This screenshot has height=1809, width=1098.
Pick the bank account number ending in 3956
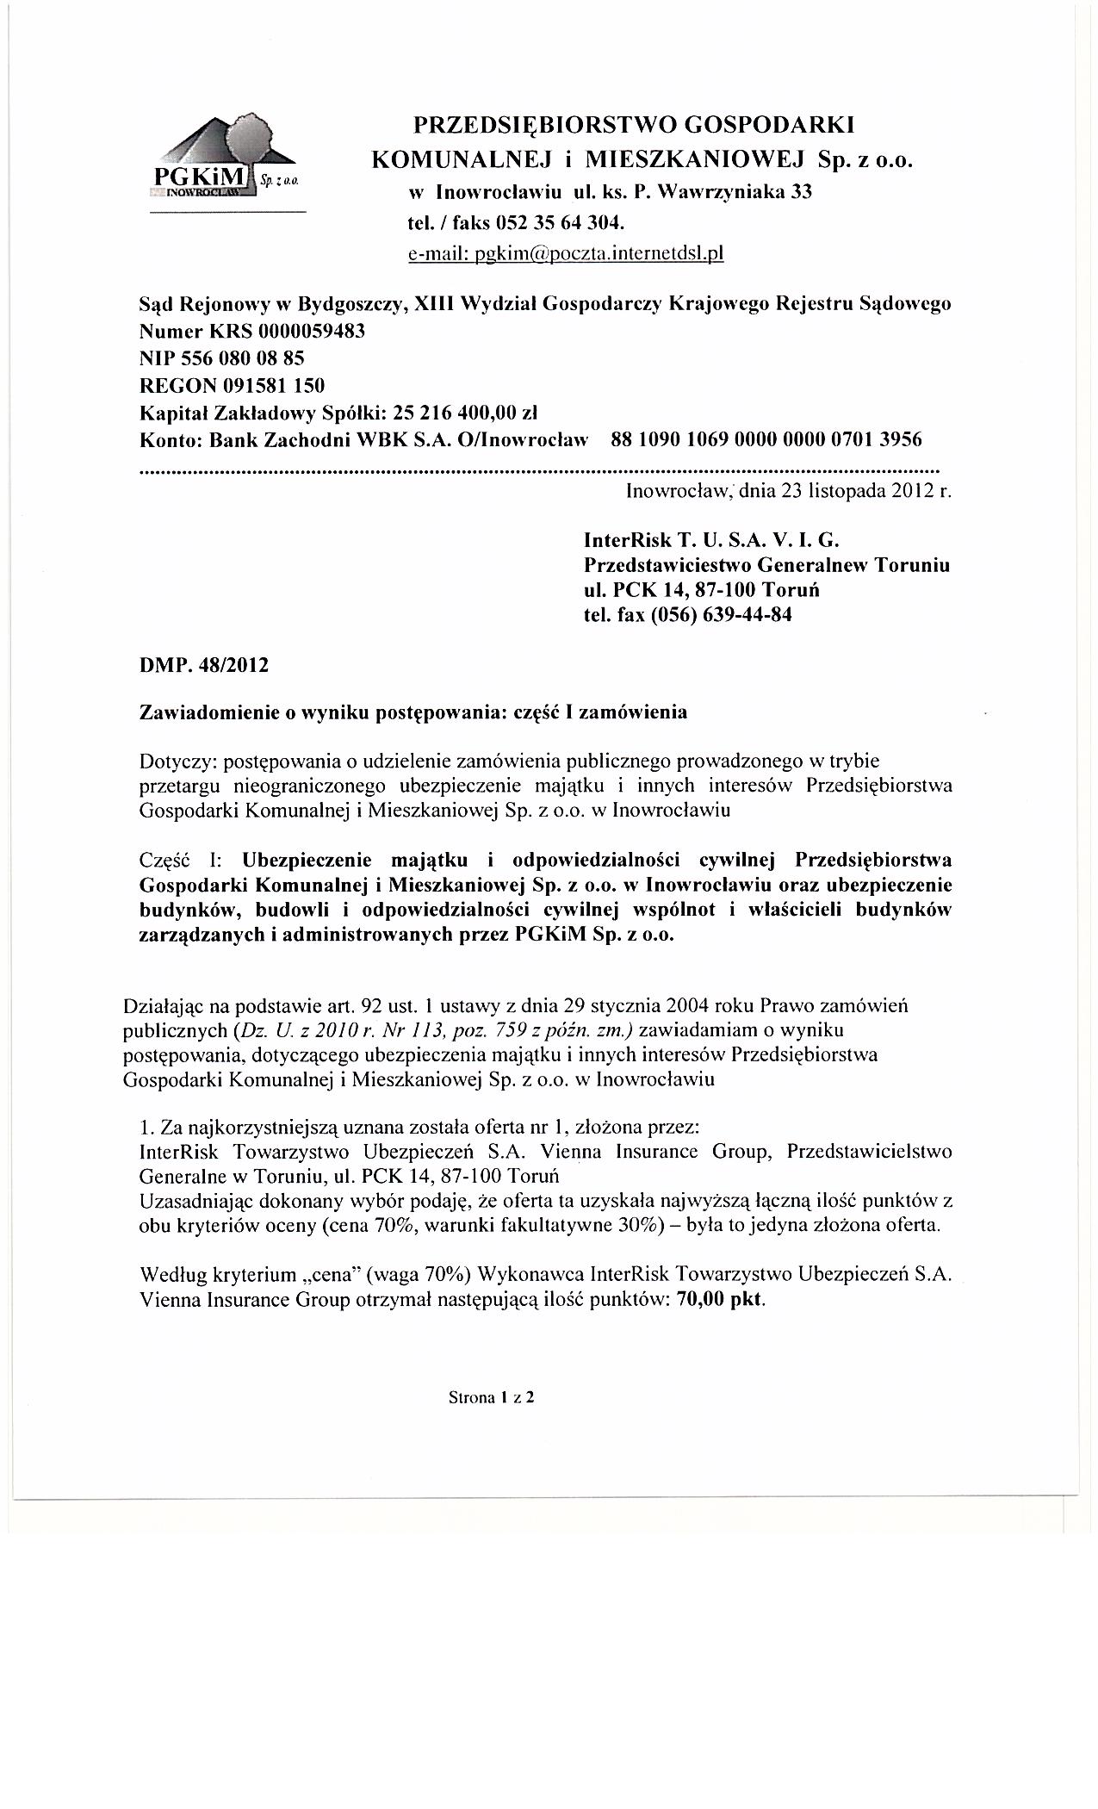(766, 439)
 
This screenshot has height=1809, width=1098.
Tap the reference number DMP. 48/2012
(204, 666)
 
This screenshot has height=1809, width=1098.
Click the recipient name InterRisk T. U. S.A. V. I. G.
(710, 540)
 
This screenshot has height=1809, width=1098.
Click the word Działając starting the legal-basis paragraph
(164, 1006)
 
